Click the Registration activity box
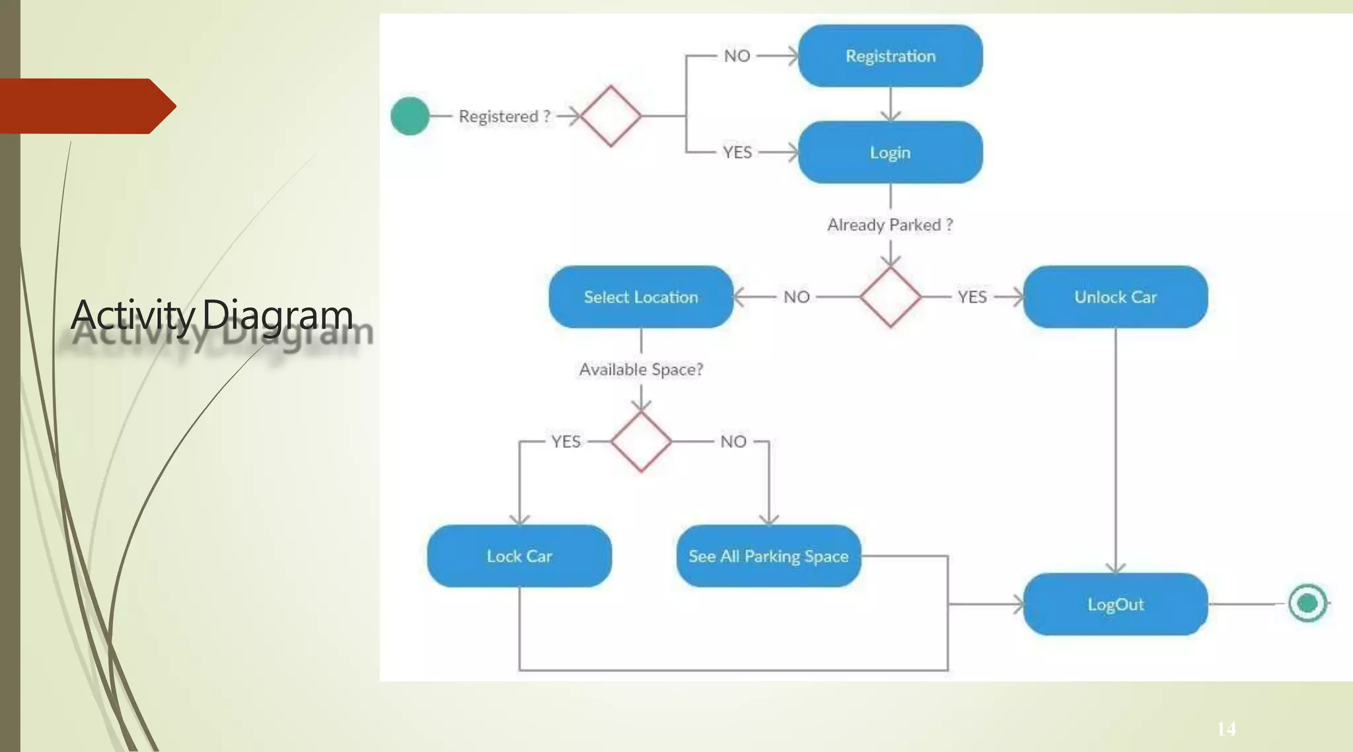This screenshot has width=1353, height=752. pyautogui.click(x=890, y=56)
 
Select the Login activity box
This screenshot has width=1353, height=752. pyautogui.click(x=890, y=153)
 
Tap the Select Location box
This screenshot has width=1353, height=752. pyautogui.click(x=640, y=297)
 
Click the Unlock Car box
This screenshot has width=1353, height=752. pyautogui.click(x=1115, y=297)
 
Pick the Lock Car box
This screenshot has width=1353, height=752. pyautogui.click(x=519, y=556)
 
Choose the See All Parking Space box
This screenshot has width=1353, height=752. pyautogui.click(x=768, y=556)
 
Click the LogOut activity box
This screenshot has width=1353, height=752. pyautogui.click(x=1115, y=605)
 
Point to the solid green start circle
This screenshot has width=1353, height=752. pyautogui.click(x=410, y=116)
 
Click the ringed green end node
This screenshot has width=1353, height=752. pyautogui.click(x=1307, y=603)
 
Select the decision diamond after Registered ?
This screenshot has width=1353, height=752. pyautogui.click(x=610, y=116)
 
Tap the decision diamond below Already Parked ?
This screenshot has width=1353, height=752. pyautogui.click(x=890, y=297)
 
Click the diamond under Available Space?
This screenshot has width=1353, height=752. pyautogui.click(x=641, y=441)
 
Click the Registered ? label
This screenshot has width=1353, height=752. pyautogui.click(x=505, y=116)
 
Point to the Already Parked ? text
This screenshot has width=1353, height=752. pyautogui.click(x=890, y=225)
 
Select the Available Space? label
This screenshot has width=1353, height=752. pyautogui.click(x=641, y=369)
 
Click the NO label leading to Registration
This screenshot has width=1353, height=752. pyautogui.click(x=737, y=56)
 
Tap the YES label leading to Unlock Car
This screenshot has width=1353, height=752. pyautogui.click(x=972, y=297)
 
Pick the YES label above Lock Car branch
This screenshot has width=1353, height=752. pyautogui.click(x=566, y=441)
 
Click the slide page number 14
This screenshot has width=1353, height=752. pyautogui.click(x=1226, y=729)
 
